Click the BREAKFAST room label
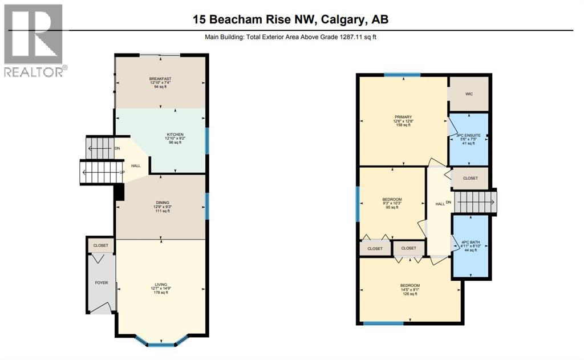point(160,79)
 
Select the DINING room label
point(162,202)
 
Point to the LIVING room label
point(161,284)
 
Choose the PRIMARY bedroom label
point(403,117)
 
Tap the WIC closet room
point(469,94)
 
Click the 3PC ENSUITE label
point(468,136)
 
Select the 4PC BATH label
point(471,242)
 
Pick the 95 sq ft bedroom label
point(392,200)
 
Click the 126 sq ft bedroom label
point(410,286)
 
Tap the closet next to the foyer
point(101,245)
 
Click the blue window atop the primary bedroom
point(402,75)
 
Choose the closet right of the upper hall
point(470,178)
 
